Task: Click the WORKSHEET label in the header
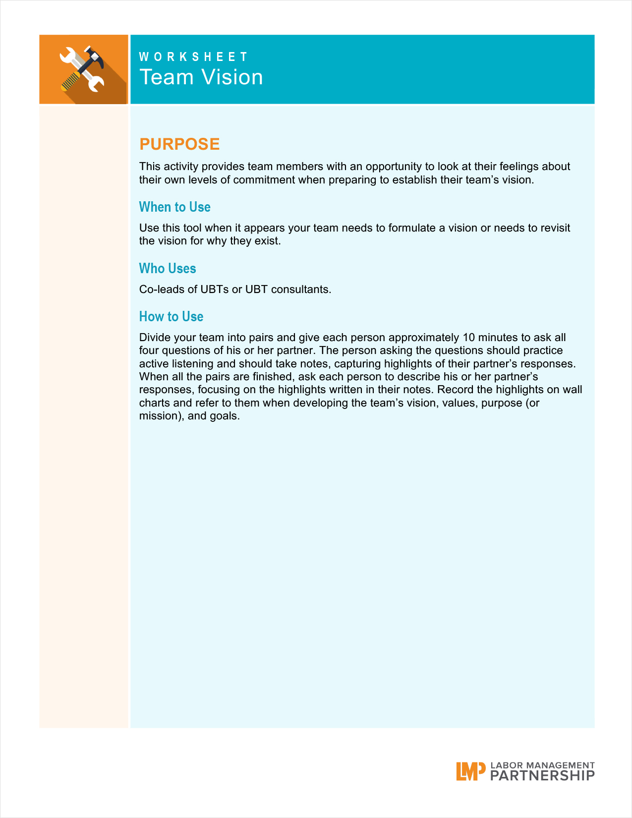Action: point(193,57)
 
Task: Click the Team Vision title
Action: point(201,77)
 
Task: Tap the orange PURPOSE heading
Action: point(179,144)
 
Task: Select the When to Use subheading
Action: point(174,207)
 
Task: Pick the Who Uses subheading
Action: point(168,268)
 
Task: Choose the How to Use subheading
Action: point(171,316)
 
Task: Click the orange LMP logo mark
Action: point(470,771)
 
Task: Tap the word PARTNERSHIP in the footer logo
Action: point(542,776)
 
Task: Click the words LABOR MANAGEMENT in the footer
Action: point(542,765)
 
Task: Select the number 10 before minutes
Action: point(468,338)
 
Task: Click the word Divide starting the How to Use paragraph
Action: point(155,338)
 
